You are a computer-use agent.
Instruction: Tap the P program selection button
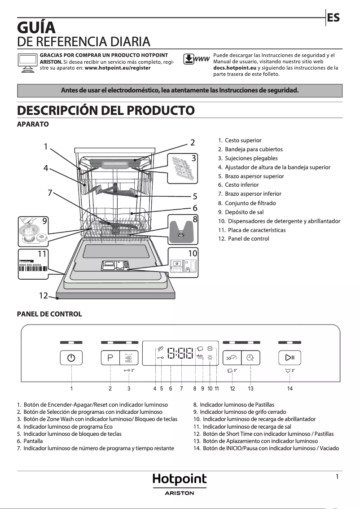(110, 358)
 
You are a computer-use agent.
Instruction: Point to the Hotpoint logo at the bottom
(180, 480)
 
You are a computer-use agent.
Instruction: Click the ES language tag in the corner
(333, 18)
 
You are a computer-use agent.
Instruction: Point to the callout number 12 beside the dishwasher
(43, 296)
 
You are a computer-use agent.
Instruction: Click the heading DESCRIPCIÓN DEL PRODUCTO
(105, 110)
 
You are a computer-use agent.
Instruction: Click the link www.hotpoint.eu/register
(118, 68)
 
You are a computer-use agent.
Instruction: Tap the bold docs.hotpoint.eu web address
(235, 68)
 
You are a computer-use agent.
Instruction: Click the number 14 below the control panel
(290, 389)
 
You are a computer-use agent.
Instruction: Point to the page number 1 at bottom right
(337, 477)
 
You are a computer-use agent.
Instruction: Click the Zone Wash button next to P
(129, 358)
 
